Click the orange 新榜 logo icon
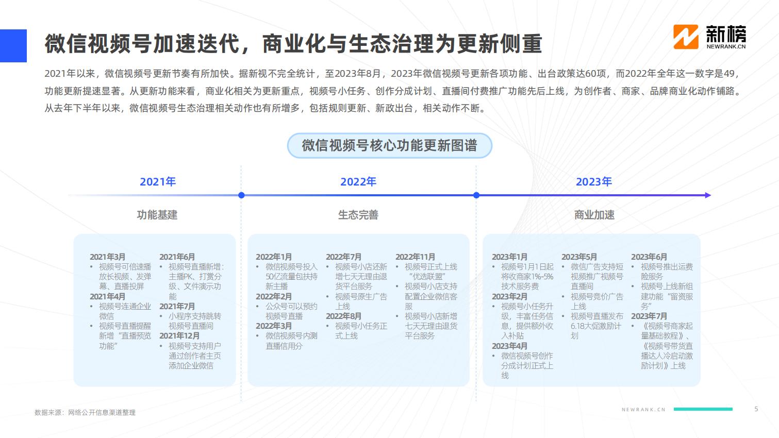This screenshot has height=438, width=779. click(x=686, y=37)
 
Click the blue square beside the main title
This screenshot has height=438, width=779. click(x=13, y=45)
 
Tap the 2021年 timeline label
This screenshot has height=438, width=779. click(x=158, y=181)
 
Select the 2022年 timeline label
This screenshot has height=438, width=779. click(x=358, y=181)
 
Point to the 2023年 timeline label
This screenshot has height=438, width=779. click(x=593, y=181)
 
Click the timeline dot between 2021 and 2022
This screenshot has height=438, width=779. click(x=241, y=195)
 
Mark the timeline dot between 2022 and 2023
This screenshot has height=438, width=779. click(x=476, y=195)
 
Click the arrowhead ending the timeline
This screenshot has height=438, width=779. click(x=708, y=195)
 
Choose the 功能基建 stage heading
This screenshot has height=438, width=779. click(x=157, y=215)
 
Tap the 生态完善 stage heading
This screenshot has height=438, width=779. click(x=358, y=215)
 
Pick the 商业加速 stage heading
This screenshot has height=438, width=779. click(x=594, y=215)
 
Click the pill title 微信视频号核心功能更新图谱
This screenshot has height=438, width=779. click(x=390, y=145)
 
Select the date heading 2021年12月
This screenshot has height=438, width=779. click(x=179, y=336)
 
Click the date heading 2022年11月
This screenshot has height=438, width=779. click(x=415, y=257)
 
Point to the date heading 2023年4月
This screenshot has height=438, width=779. click(x=509, y=346)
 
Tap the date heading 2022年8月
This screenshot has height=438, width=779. click(x=343, y=316)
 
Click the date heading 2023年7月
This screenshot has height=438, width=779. click(x=649, y=316)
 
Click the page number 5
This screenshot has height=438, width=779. click(x=756, y=409)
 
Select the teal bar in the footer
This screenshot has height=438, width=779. click(x=703, y=409)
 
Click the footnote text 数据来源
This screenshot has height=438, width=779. click(x=48, y=413)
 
